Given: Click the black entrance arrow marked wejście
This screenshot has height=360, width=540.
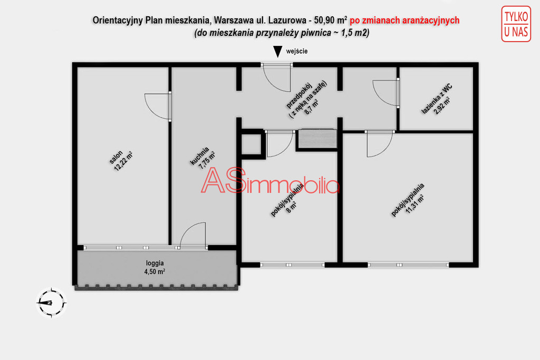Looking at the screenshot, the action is (x=277, y=52).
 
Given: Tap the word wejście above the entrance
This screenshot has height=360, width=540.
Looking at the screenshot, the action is (x=296, y=51).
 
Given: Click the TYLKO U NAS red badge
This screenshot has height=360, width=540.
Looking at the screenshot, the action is (x=516, y=24).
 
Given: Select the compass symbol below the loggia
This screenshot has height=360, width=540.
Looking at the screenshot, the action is (x=51, y=303).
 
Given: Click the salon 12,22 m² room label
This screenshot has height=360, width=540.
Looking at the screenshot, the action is (x=121, y=160).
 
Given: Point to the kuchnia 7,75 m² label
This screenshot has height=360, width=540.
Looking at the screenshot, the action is (x=203, y=158).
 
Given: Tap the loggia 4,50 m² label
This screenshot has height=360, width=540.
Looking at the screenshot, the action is (x=155, y=267).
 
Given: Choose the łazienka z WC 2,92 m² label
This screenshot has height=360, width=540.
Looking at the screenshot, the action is (x=437, y=99).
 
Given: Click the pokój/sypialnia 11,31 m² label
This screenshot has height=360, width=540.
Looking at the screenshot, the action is (x=408, y=200).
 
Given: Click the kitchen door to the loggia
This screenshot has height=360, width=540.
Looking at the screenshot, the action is (x=193, y=236).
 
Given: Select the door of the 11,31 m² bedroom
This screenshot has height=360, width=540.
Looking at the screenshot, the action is (x=380, y=144).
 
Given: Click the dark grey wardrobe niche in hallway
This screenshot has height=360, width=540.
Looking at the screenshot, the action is (x=317, y=139).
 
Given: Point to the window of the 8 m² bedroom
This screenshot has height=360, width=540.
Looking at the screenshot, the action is (x=292, y=265).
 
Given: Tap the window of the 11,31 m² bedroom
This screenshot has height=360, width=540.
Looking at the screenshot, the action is (x=408, y=265).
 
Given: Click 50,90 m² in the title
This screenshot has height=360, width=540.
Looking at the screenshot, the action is (x=330, y=21).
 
